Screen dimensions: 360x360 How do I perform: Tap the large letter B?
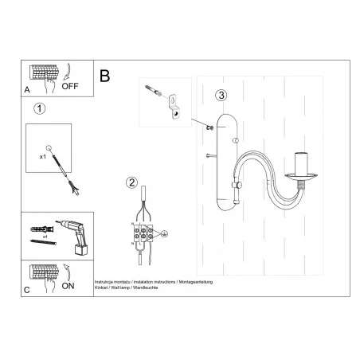point(104,76)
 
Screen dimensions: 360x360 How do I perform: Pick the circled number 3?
point(221,94)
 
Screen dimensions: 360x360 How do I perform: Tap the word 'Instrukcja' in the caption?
point(104,281)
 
